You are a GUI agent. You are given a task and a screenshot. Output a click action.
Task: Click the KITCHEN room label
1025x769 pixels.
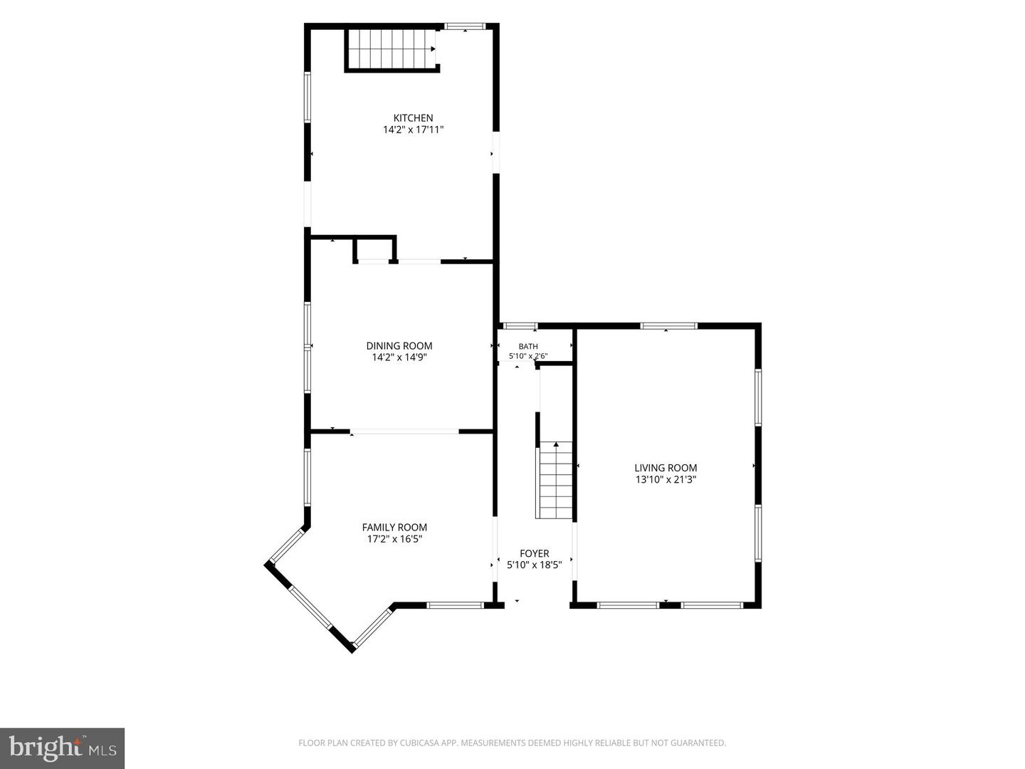coord(413,118)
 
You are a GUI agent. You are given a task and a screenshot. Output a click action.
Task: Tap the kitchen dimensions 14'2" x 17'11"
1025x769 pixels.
coord(413,130)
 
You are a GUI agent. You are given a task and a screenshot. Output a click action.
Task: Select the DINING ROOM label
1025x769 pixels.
coord(399,346)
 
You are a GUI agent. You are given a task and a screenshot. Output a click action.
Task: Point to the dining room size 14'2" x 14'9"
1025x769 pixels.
coord(399,357)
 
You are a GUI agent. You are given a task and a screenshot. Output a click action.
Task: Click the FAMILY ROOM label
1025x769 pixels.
coord(394,528)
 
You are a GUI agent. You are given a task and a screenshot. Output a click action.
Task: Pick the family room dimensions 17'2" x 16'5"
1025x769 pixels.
coord(394,539)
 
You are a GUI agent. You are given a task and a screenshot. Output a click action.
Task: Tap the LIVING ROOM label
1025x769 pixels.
coord(666,468)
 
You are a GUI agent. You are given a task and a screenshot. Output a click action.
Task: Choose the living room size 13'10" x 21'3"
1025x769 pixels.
coord(666,479)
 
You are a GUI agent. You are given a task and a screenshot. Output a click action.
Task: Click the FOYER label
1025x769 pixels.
coord(535,554)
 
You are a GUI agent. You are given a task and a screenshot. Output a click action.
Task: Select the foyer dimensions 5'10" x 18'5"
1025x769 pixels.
coord(535,565)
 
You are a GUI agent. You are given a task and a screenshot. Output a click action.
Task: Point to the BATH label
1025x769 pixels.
coord(528,347)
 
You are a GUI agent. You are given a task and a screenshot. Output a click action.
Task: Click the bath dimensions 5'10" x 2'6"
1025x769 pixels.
coord(528,356)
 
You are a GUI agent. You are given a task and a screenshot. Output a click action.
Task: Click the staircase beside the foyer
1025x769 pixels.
coord(556,479)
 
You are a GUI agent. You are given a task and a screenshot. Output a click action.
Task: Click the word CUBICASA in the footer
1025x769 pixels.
coord(416,743)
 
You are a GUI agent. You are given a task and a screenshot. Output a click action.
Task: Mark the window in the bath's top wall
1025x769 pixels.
coord(519,326)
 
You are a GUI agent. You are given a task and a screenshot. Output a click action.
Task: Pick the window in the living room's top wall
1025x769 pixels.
coord(668,326)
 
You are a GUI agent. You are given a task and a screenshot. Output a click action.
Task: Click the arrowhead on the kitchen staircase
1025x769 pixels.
coord(433,48)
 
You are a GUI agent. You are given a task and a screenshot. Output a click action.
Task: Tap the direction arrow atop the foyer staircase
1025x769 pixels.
coord(556,444)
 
